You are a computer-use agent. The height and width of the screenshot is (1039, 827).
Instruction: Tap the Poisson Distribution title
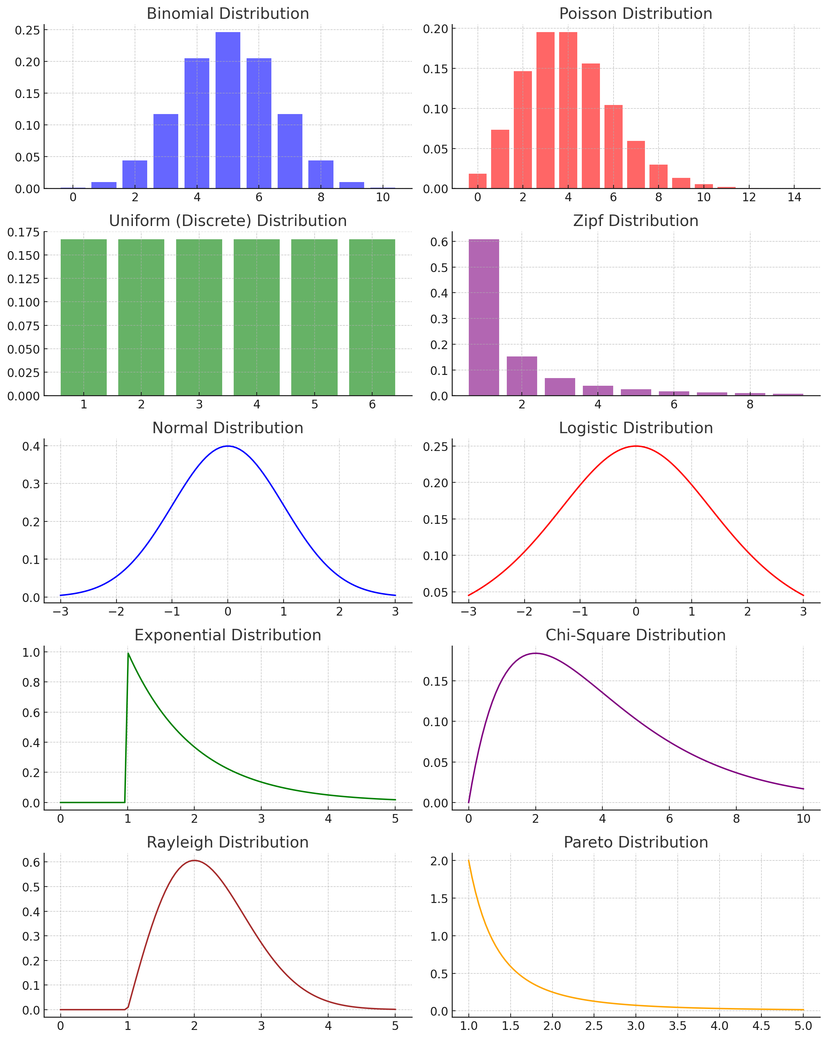635,14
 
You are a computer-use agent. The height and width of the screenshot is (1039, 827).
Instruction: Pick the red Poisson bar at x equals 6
613,146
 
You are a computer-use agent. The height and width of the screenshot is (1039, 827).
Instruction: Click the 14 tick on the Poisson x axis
794,197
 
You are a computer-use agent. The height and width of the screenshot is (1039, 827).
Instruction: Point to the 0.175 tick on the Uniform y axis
23,233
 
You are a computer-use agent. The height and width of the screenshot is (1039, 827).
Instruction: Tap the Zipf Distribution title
635,221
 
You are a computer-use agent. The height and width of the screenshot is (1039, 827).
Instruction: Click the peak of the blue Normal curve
227,446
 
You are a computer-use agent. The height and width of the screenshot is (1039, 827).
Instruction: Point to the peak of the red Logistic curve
636,446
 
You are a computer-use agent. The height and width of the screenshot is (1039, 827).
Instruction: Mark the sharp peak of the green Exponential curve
128,654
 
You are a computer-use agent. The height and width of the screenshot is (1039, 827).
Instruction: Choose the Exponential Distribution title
227,635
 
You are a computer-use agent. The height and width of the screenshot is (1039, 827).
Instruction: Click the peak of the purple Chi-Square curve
535,654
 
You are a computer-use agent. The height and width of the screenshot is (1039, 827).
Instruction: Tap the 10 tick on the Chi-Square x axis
803,819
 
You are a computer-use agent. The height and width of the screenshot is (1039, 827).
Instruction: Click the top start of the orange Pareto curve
468,861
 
